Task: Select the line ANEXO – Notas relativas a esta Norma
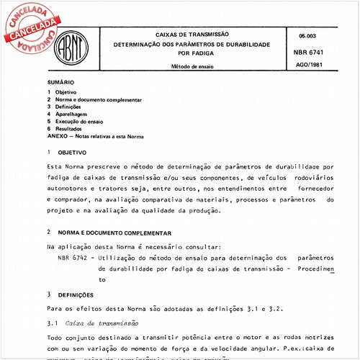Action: [x=95, y=135]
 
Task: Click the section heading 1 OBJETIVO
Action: [x=71, y=153]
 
